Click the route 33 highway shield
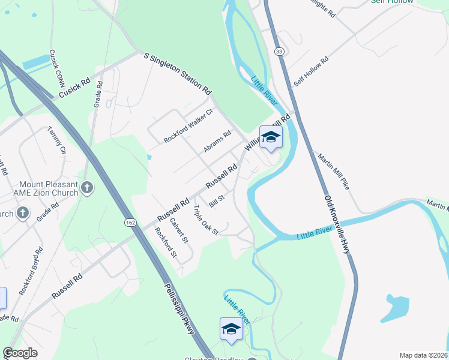click(x=279, y=52)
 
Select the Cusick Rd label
click(x=74, y=88)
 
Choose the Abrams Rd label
click(x=217, y=142)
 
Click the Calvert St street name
click(x=179, y=229)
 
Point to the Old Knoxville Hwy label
click(x=337, y=224)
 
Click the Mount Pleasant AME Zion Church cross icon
click(x=87, y=188)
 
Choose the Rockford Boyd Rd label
click(x=31, y=271)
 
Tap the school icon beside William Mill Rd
click(x=271, y=137)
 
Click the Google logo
click(x=20, y=353)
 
